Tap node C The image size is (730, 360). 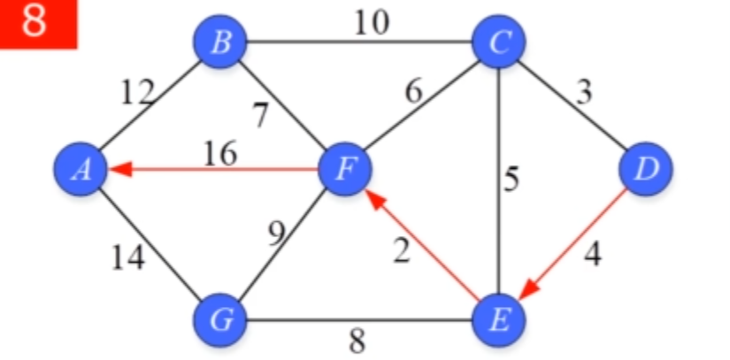pyautogui.click(x=499, y=42)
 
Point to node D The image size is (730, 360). pyautogui.click(x=647, y=167)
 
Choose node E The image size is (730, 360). pyautogui.click(x=499, y=318)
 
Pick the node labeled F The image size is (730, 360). pyautogui.click(x=348, y=167)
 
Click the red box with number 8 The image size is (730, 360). pyautogui.click(x=38, y=23)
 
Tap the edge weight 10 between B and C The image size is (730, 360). pyautogui.click(x=371, y=23)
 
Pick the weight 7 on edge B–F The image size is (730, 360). pyautogui.click(x=260, y=116)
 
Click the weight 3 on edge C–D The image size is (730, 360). pyautogui.click(x=582, y=92)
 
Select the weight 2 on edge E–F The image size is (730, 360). pyautogui.click(x=402, y=252)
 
